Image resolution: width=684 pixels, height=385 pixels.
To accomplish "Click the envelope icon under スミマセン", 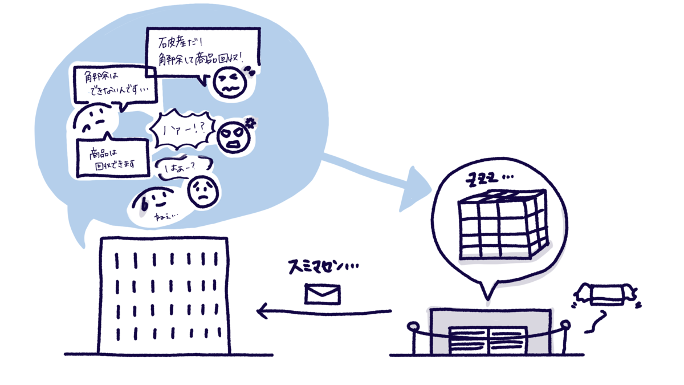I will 323,293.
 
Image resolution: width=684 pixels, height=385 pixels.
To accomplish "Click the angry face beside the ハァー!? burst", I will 234,137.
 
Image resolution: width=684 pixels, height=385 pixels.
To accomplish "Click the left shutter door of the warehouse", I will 468,341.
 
